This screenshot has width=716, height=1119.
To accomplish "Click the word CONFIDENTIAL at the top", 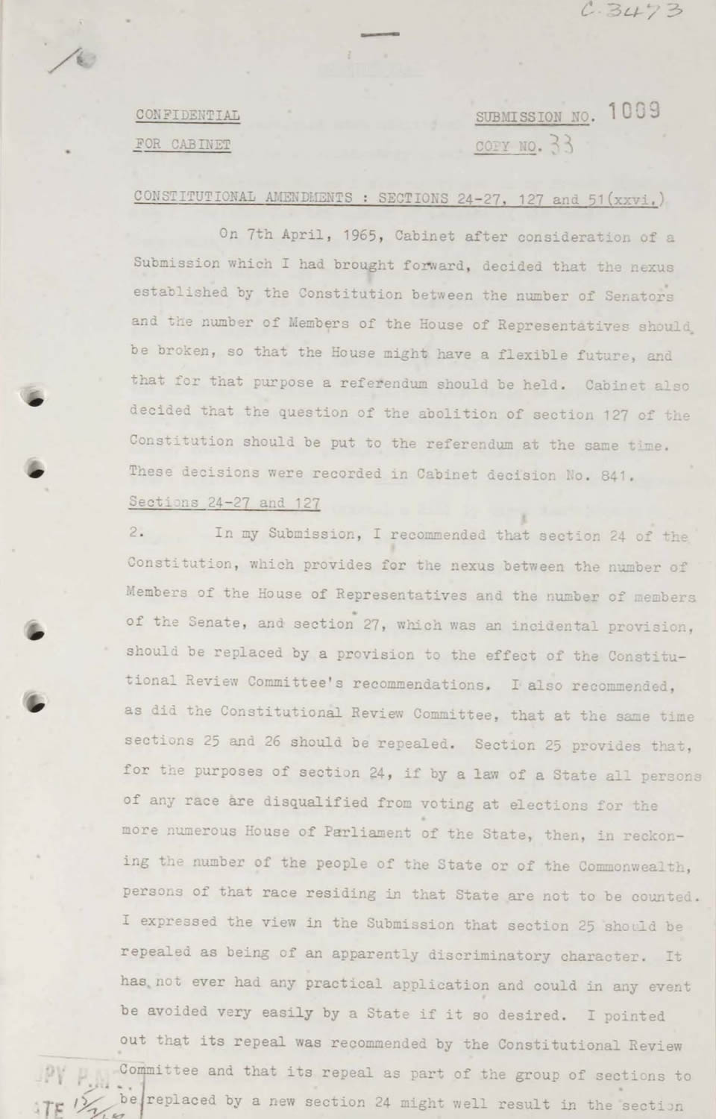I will click(x=187, y=115).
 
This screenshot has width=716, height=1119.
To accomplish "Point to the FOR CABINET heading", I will click(x=182, y=145).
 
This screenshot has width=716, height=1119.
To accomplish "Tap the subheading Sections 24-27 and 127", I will click(x=224, y=503).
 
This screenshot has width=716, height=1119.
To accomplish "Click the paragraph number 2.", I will click(x=136, y=534).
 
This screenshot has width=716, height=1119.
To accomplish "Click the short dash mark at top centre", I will click(x=380, y=34).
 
